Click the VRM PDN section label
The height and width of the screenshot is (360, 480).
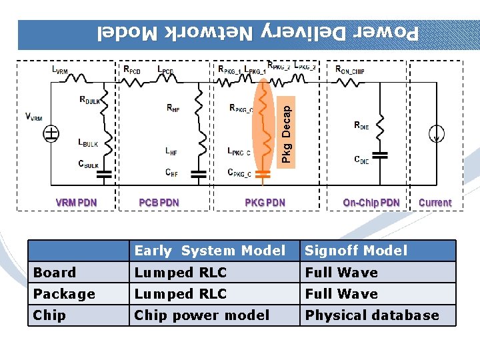coord(75,203)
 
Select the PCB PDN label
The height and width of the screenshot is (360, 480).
coord(159,203)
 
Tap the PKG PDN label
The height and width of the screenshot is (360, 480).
coord(265,203)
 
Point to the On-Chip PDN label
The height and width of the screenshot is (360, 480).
coord(371,203)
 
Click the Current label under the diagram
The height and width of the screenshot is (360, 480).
coord(435,203)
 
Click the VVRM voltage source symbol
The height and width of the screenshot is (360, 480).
coord(51,134)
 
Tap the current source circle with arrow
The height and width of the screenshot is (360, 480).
coord(437,134)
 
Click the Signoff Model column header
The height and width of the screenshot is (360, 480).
coord(356,251)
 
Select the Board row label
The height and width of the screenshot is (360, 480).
coord(55,272)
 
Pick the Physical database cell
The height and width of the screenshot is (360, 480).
coord(372,315)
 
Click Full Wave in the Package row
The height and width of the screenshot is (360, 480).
coord(341,293)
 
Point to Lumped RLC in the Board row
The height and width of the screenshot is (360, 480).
coord(181,272)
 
